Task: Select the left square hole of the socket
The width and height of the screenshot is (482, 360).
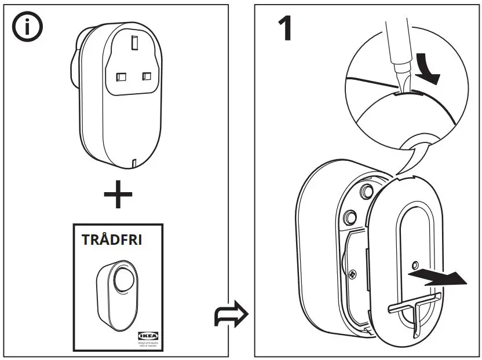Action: [122, 76]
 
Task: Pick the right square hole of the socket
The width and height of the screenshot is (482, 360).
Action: [147, 76]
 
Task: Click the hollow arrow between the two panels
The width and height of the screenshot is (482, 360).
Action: [231, 315]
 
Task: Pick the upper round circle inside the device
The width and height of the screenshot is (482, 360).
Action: [366, 190]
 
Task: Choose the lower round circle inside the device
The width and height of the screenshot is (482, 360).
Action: [349, 216]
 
